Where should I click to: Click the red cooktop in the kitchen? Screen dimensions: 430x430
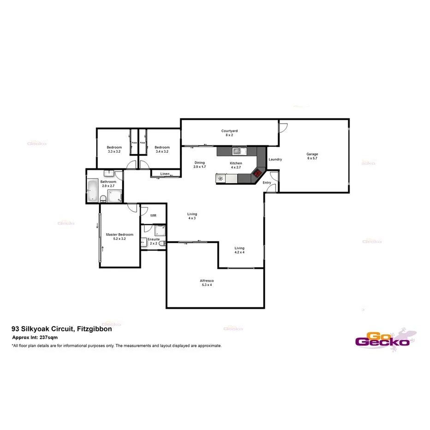pos(257,174)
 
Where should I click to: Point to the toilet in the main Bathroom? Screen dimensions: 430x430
pos(104,198)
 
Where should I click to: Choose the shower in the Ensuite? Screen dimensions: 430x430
pos(161,230)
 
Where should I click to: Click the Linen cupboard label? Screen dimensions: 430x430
pos(164,174)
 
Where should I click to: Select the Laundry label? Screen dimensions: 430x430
pos(275,159)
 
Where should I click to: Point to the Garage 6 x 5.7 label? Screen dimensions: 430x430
pos(312,156)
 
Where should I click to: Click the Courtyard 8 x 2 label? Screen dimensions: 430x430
pos(229,133)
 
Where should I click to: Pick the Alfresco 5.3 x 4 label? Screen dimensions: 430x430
pos(206,282)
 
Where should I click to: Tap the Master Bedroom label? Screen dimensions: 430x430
pos(119,236)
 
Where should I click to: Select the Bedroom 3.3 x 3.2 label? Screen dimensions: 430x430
pos(114,149)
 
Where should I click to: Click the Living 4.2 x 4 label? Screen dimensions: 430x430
pos(239,250)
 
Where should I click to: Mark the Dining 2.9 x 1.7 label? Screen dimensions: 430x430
pos(200,165)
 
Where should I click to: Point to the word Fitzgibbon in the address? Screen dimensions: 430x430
pos(95,329)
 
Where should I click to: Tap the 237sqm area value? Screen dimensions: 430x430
pos(48,338)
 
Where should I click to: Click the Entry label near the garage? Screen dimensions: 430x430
pos(267,183)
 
